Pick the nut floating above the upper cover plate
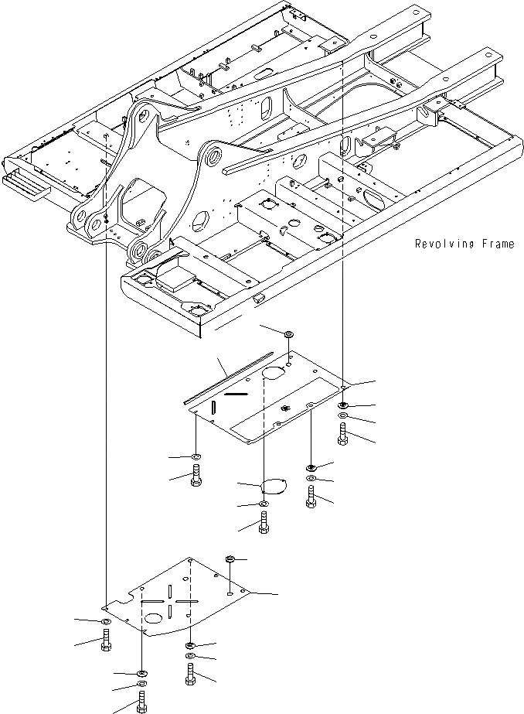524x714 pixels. point(288,333)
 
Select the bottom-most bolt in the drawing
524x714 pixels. point(141,701)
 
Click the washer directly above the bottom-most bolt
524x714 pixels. point(141,684)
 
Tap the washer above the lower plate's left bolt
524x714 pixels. point(106,622)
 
